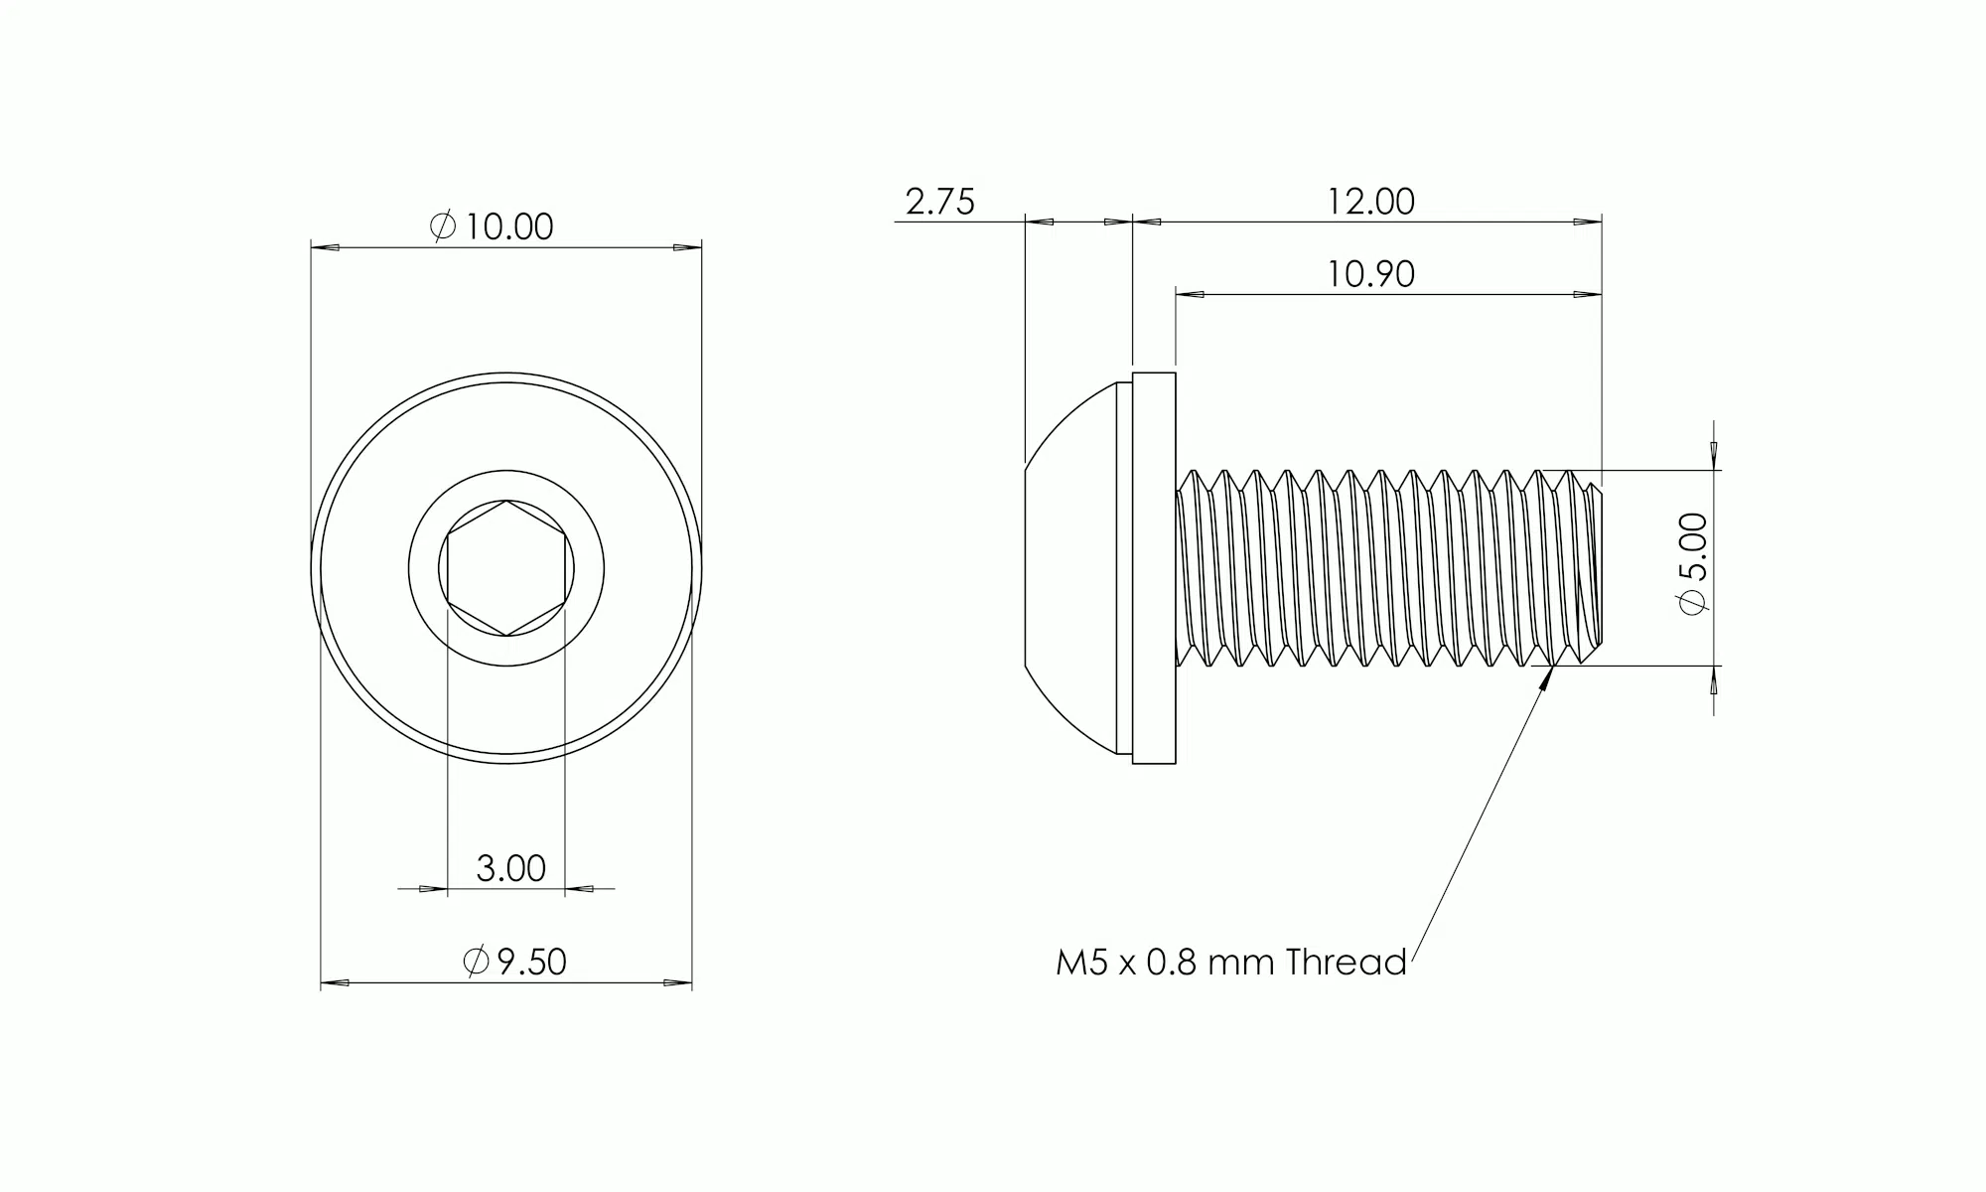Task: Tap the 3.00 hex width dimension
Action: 510,869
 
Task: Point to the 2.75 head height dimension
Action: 939,202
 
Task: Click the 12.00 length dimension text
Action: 1370,202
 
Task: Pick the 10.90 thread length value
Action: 1370,274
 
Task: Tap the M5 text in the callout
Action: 1080,963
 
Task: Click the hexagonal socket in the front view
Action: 506,568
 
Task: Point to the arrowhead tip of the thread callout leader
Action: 1551,669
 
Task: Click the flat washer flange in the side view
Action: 1154,568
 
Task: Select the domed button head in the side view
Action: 1067,568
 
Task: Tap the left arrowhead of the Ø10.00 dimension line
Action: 324,247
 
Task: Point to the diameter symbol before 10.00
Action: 443,227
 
